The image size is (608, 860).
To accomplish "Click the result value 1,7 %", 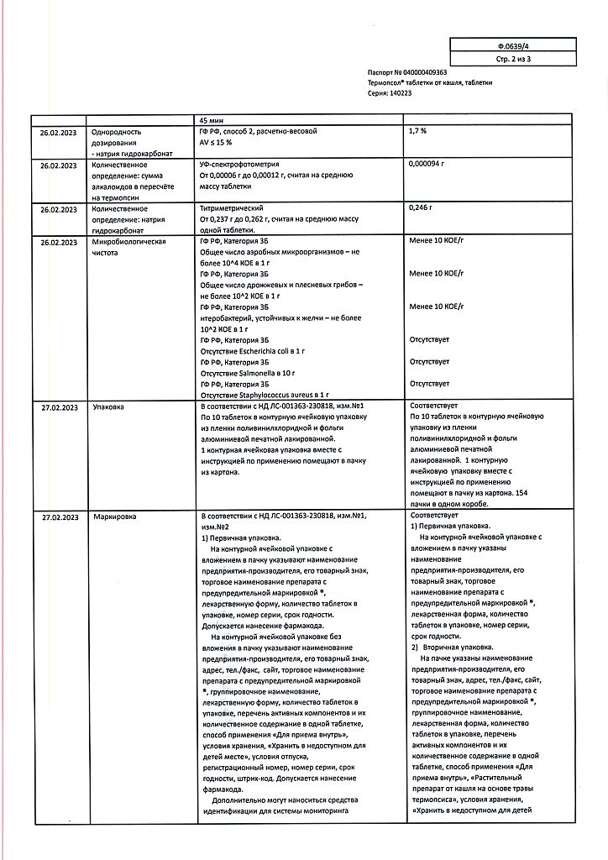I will point(418,132).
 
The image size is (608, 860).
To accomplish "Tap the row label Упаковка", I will point(108,406).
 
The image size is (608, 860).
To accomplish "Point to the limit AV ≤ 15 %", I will point(220,143).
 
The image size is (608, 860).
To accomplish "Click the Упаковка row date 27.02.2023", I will point(59,406).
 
